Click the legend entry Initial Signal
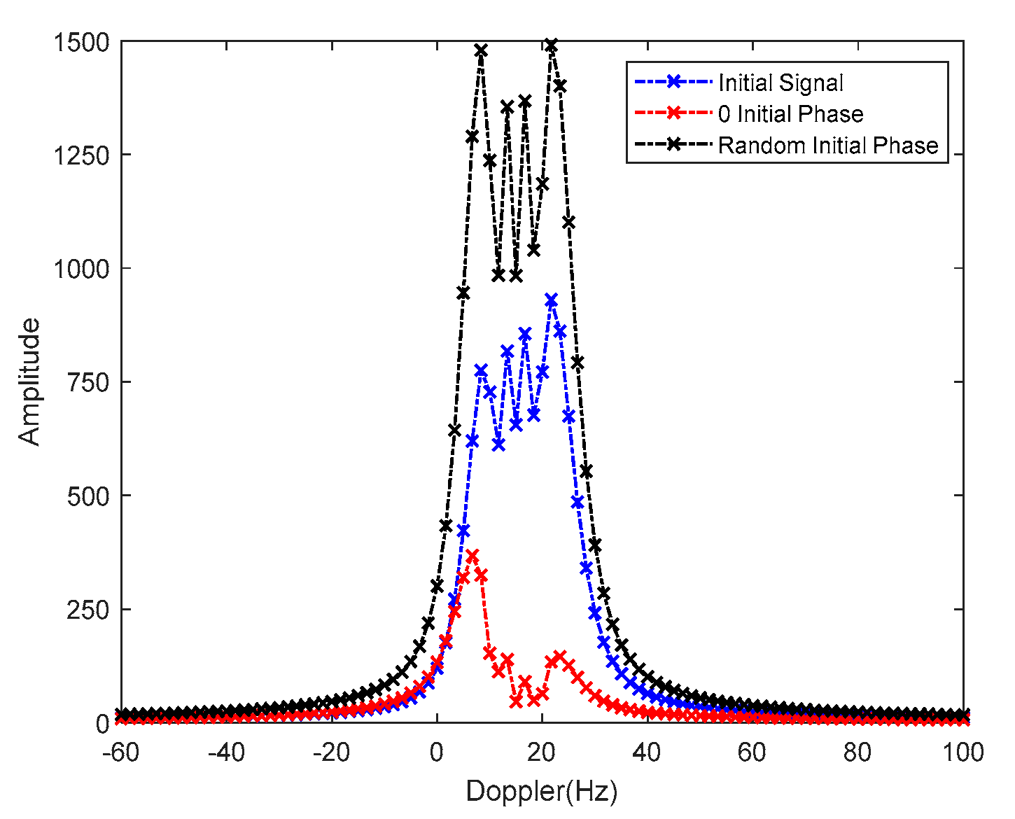click(x=780, y=83)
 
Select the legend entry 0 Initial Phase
click(x=790, y=114)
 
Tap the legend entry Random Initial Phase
click(x=828, y=146)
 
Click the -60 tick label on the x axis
click(x=120, y=753)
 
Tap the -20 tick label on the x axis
click(x=331, y=753)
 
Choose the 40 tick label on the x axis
click(x=647, y=753)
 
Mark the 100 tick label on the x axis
click(x=962, y=753)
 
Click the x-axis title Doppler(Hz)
click(x=541, y=792)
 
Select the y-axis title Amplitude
click(x=29, y=382)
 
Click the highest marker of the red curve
click(x=472, y=556)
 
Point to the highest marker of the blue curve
click(x=551, y=300)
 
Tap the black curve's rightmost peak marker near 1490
click(x=551, y=45)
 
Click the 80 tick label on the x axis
click(x=857, y=753)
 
